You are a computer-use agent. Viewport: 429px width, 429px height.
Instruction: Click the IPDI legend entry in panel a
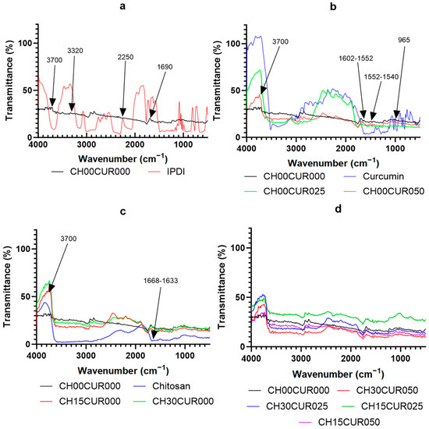tap(170, 166)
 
